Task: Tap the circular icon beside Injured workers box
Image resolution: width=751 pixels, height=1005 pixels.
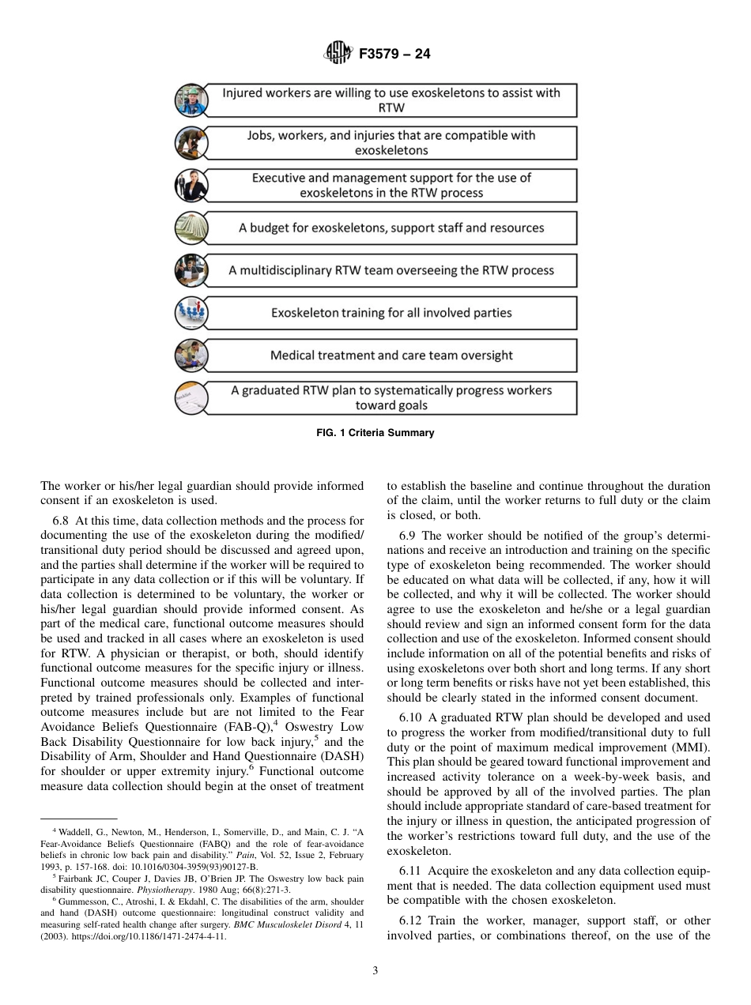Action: [x=191, y=100]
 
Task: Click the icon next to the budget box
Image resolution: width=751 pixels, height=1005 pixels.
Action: [x=191, y=228]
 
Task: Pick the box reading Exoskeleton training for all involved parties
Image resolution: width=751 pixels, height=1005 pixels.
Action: [x=391, y=313]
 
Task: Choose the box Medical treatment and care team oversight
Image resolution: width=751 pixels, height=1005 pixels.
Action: [x=391, y=356]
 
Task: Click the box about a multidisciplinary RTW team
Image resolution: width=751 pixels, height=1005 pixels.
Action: [x=391, y=270]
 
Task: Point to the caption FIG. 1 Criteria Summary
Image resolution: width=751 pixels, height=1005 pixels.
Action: [x=375, y=433]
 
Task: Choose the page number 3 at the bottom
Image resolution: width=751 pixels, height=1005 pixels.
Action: [x=375, y=971]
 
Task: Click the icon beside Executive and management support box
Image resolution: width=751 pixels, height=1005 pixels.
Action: [x=191, y=186]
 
